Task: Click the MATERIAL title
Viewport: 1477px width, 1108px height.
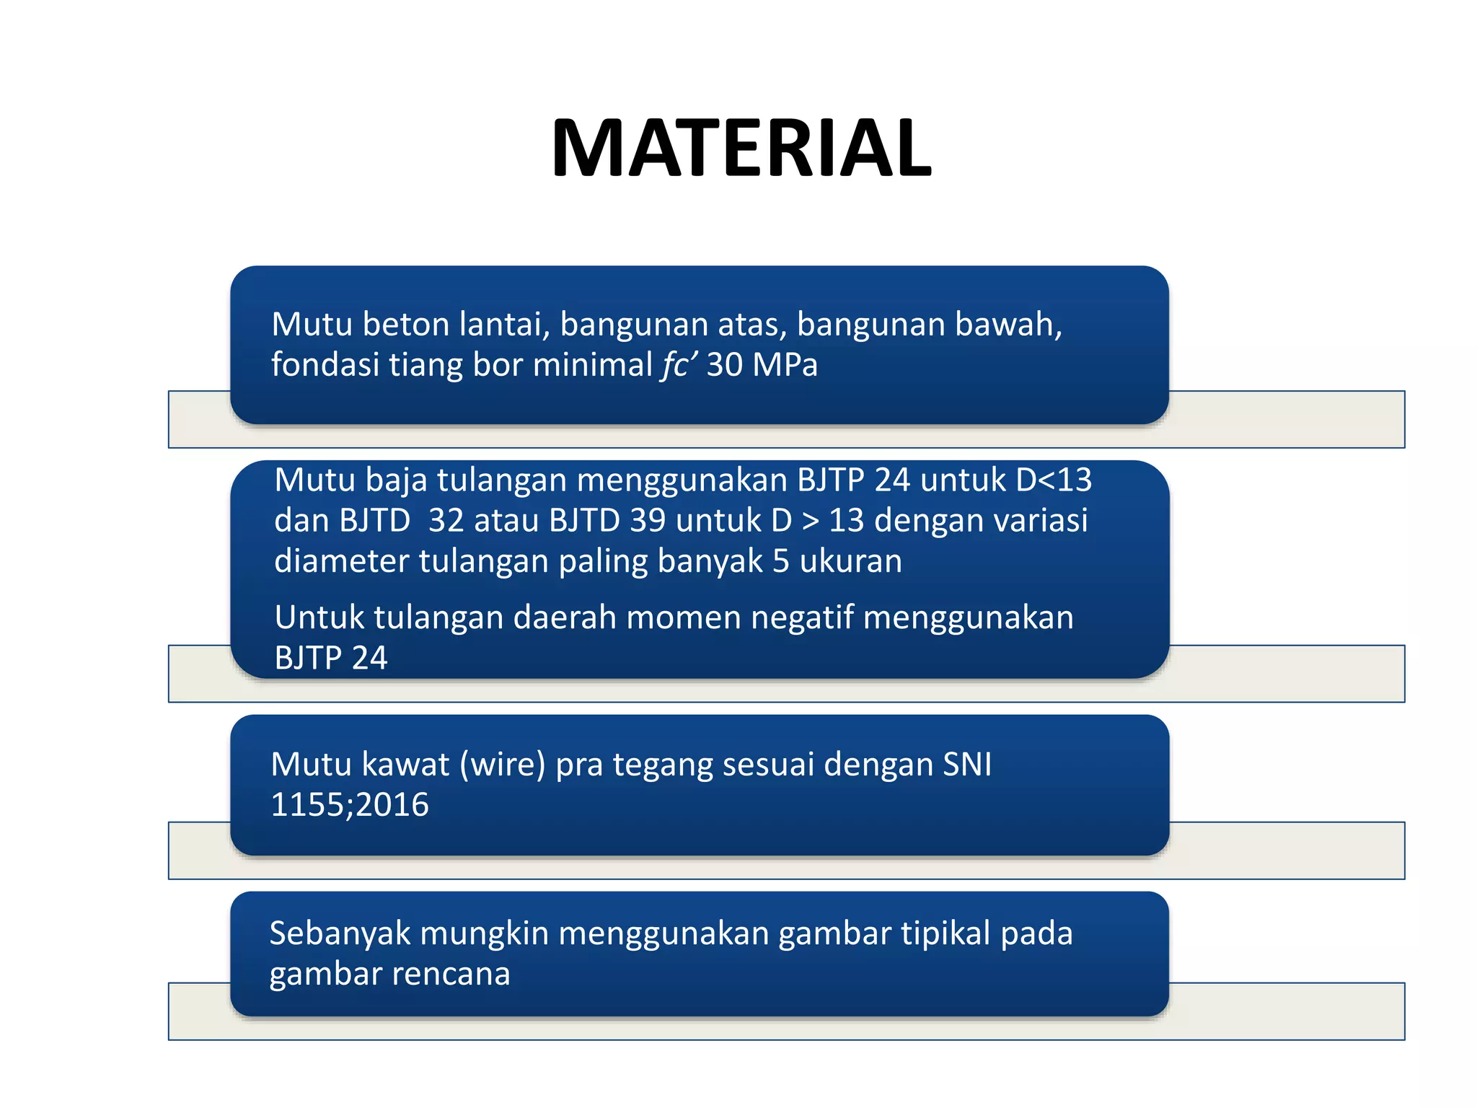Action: coord(741,149)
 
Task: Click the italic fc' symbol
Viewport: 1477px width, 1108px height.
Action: coord(679,365)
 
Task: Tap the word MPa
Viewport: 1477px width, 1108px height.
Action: coord(785,365)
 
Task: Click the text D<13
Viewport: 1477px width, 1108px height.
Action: coord(1054,480)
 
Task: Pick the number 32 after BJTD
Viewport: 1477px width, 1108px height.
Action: coord(446,521)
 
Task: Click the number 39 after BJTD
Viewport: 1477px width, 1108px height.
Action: coord(648,521)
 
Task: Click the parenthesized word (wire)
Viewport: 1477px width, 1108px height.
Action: coord(503,765)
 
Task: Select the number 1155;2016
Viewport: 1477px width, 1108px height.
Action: coord(350,805)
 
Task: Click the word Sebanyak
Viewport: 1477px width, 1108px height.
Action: coord(340,933)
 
